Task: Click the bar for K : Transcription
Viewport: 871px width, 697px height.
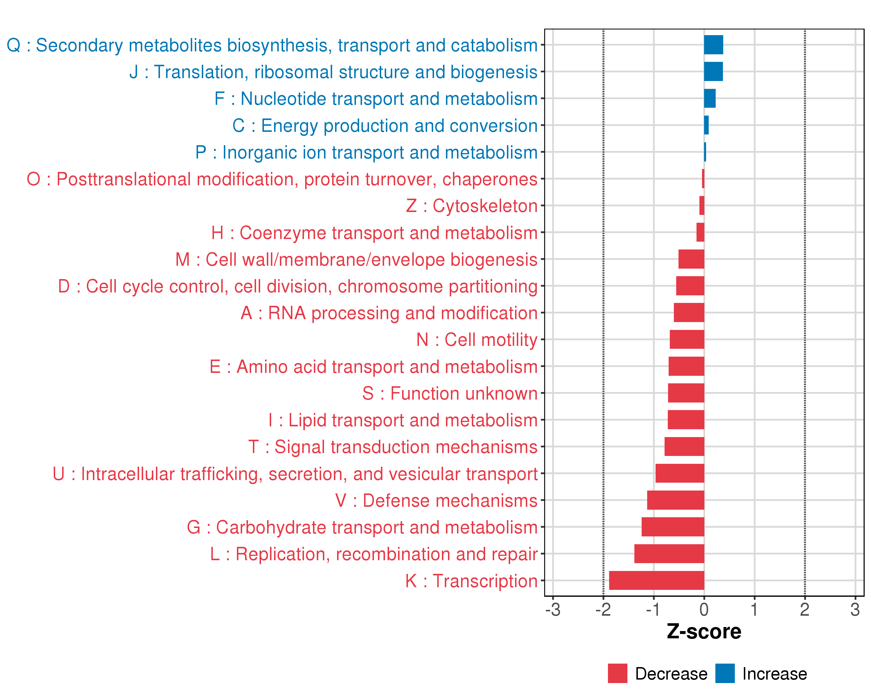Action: click(656, 580)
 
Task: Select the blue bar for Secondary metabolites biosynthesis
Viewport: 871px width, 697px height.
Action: click(713, 45)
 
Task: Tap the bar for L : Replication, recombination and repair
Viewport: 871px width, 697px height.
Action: click(669, 554)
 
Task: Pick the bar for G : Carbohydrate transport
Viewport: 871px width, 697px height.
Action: click(673, 527)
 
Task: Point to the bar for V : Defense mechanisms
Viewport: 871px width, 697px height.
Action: click(676, 500)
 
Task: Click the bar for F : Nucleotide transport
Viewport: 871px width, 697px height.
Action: click(710, 98)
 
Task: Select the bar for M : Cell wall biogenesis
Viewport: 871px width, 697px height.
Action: click(691, 259)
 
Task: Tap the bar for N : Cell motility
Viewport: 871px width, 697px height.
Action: click(687, 339)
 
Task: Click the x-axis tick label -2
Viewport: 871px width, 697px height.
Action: click(603, 609)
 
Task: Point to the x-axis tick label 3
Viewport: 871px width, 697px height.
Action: click(855, 609)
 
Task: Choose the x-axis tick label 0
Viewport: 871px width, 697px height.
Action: click(704, 609)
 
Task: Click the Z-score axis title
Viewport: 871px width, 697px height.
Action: click(704, 632)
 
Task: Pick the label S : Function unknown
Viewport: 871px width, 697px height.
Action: click(450, 394)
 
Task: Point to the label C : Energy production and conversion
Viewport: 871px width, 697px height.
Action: click(385, 126)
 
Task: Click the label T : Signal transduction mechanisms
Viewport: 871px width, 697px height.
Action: click(393, 447)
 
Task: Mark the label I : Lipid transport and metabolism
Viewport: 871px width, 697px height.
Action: click(403, 421)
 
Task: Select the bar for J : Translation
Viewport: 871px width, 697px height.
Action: click(713, 71)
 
